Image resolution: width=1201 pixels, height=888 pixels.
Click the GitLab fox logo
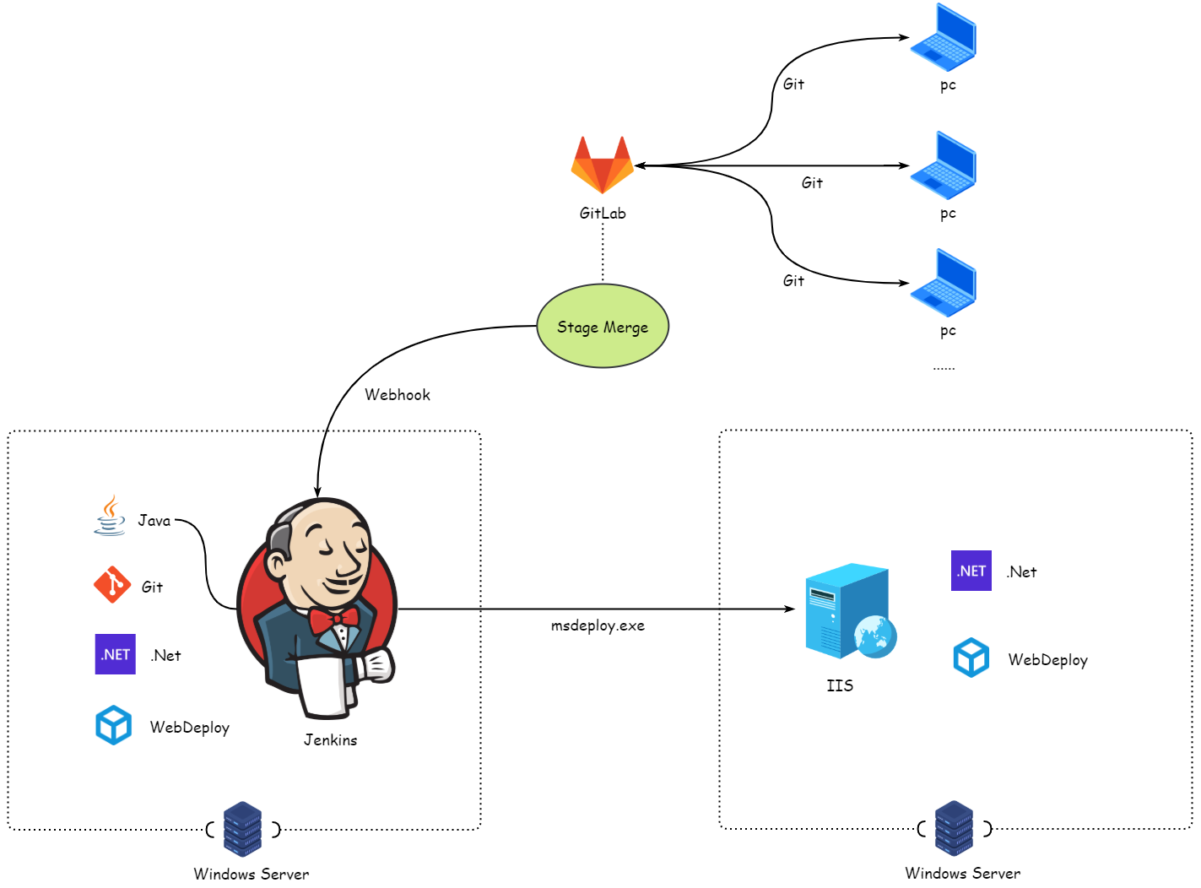pyautogui.click(x=602, y=165)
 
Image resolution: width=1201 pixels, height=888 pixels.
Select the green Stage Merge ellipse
pyautogui.click(x=603, y=327)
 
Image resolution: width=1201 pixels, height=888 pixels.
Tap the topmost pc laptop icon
pyautogui.click(x=943, y=37)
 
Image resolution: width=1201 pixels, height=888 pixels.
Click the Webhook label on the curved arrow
pyautogui.click(x=397, y=395)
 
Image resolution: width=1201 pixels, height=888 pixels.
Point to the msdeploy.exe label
pyautogui.click(x=598, y=625)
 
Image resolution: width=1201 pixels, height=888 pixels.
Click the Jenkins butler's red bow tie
pyautogui.click(x=334, y=620)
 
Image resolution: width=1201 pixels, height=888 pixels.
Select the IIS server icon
pyautogui.click(x=849, y=611)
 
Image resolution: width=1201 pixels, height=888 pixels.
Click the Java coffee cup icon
pyautogui.click(x=110, y=516)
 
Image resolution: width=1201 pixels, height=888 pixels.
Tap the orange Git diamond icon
pyautogui.click(x=112, y=585)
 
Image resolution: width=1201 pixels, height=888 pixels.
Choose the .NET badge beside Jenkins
pyautogui.click(x=116, y=654)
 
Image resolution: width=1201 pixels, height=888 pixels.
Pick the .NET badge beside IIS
pyautogui.click(x=971, y=571)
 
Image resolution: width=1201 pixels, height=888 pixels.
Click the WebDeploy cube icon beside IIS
pyautogui.click(x=971, y=658)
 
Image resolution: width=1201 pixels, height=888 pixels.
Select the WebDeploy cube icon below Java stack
pyautogui.click(x=114, y=725)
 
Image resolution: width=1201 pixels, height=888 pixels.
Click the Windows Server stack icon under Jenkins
pyautogui.click(x=242, y=829)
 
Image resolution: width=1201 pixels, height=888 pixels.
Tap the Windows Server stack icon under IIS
pyautogui.click(x=954, y=828)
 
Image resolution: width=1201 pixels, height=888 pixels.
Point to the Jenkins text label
pyautogui.click(x=330, y=740)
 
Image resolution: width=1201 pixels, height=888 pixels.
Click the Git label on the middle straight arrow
pyautogui.click(x=812, y=183)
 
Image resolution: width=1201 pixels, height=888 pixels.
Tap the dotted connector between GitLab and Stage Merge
pyautogui.click(x=603, y=254)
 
